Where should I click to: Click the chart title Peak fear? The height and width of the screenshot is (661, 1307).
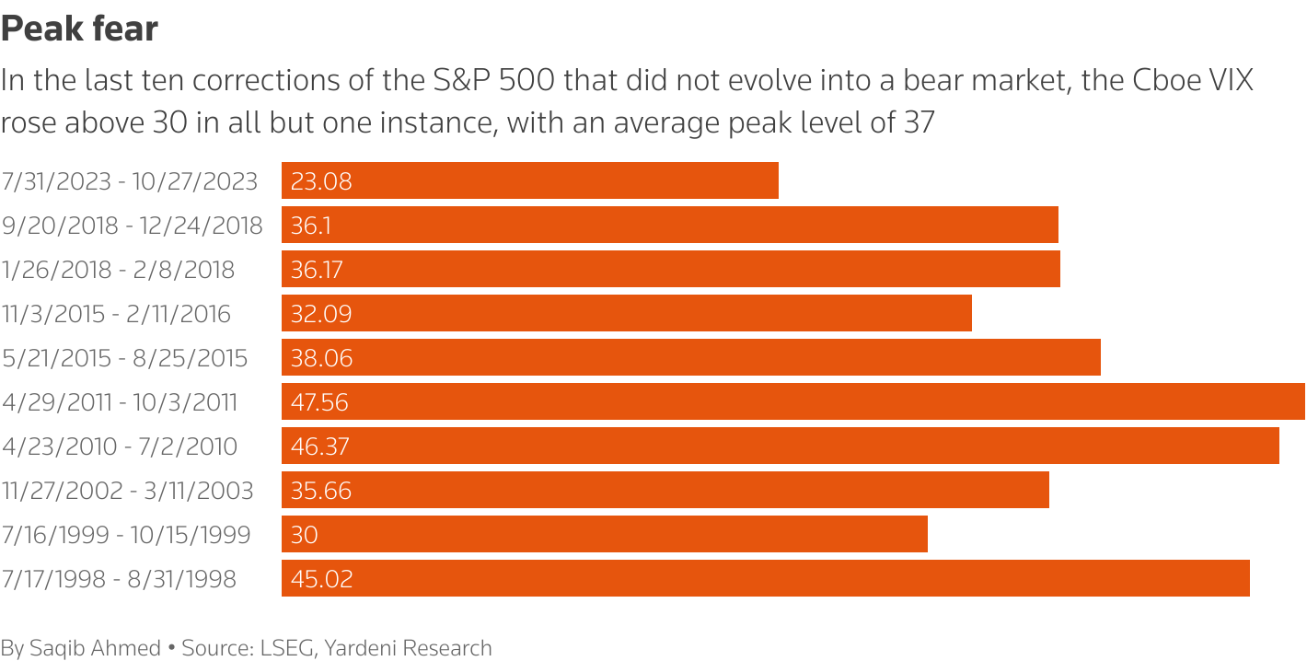click(79, 29)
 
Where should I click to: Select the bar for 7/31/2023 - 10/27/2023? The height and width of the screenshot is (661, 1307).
click(530, 180)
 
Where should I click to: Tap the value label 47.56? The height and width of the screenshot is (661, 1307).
click(319, 402)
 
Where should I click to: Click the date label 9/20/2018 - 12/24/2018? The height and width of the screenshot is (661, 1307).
click(132, 226)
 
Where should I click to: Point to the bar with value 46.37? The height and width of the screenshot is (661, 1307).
click(780, 446)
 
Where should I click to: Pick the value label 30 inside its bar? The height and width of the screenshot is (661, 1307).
click(305, 535)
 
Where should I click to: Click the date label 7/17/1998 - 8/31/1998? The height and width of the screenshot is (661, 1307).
click(119, 579)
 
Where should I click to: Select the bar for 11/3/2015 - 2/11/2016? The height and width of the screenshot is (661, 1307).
click(626, 314)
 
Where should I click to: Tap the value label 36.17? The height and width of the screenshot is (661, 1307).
click(318, 270)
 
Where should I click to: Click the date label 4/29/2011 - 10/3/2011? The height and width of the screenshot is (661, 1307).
click(120, 402)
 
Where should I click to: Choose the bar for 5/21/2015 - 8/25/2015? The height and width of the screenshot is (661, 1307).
click(690, 358)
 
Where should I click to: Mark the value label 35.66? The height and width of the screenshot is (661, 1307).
click(321, 491)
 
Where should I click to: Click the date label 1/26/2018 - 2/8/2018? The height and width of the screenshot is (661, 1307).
click(118, 270)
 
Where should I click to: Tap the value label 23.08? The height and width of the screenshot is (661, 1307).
click(321, 181)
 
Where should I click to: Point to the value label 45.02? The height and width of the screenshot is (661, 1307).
click(321, 579)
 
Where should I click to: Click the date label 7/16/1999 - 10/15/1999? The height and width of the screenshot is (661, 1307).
click(126, 535)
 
